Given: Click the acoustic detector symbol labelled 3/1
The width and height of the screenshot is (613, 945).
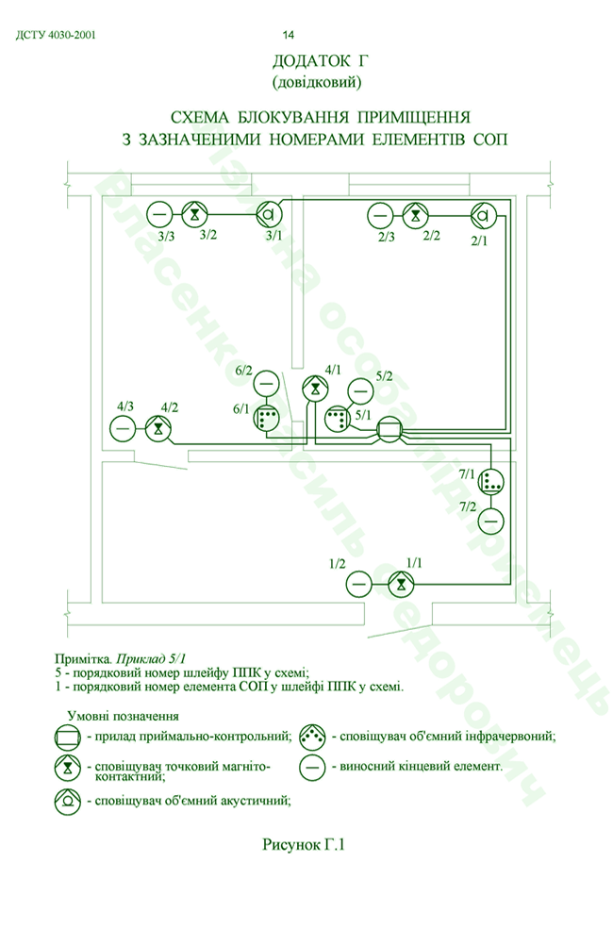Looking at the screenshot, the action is pos(270,214).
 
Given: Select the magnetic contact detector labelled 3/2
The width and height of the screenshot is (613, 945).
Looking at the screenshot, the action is pos(194,214).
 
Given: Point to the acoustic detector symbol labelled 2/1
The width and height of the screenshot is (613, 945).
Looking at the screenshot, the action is pos(483,215).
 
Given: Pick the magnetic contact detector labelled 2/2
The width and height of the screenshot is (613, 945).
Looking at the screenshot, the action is pos(415,215).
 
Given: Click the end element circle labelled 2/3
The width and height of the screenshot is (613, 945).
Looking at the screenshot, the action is pos(380,215).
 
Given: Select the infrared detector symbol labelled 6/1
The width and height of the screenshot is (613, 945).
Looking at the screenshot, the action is pos(266,418).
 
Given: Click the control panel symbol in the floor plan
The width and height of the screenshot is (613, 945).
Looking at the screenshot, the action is pos(389,430).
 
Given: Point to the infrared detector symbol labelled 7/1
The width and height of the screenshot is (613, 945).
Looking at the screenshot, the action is pos(491,481).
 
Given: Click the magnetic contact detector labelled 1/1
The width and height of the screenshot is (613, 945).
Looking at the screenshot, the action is pos(401,584).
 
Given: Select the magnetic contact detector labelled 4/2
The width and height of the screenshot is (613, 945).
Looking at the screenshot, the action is pos(158,428).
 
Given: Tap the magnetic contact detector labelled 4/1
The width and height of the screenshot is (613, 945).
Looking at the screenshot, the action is pos(314,389).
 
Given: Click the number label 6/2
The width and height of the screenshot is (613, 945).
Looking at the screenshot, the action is pos(244,371).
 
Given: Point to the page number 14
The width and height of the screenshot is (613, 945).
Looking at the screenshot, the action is pos(289,35).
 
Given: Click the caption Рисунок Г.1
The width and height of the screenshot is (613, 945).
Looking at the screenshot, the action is pos(303,844).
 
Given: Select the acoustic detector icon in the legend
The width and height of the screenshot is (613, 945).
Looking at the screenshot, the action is pos(68,801).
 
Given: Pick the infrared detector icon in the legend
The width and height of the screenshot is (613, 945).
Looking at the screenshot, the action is pos(313,737).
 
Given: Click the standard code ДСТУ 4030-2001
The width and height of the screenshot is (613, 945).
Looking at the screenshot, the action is pos(56,35).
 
